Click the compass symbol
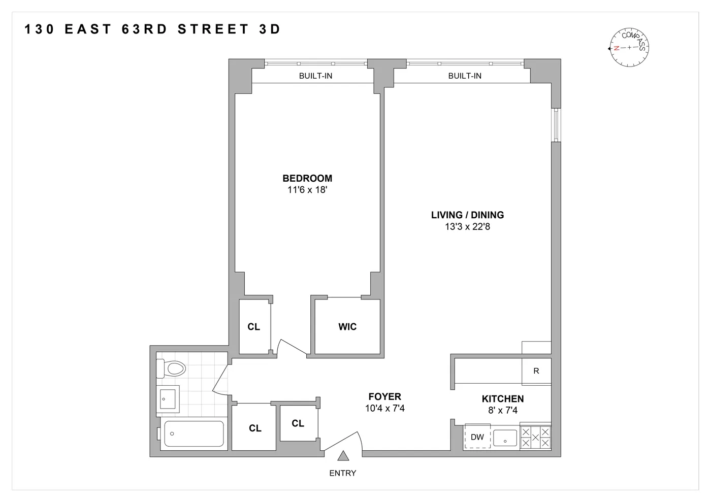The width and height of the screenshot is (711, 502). coord(629,48)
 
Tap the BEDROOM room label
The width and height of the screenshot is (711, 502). coord(307,178)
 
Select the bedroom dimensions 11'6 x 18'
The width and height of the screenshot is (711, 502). coord(307,190)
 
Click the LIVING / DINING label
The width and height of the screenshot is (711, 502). coord(467,215)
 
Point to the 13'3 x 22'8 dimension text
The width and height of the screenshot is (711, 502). coord(467,227)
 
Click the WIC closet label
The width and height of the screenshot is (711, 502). coord(347,327)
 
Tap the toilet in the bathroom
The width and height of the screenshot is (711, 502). coord(171,368)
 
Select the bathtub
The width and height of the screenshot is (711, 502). coord(193,434)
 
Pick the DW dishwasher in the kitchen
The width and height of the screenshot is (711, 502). coord(477,437)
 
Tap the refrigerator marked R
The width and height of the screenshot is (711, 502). coord(536,371)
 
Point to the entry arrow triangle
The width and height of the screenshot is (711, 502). coord(343,456)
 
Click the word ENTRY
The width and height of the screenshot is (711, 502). coord(343,473)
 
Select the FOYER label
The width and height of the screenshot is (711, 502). coord(384,397)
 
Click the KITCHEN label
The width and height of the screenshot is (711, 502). coord(503,399)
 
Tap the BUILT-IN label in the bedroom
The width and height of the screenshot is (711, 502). coord(315,76)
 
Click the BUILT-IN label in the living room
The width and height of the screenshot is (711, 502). coord(465,76)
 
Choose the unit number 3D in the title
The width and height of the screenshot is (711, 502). coord(270,29)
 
